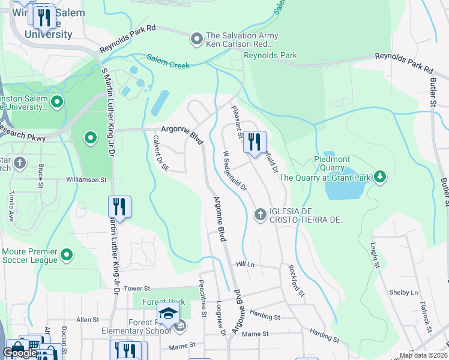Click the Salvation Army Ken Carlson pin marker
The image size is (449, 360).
tap(196, 40)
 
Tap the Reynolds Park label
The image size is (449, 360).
tap(270, 56)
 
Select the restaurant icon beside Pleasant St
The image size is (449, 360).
tap(255, 142)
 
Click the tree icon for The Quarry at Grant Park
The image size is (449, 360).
tap(379, 176)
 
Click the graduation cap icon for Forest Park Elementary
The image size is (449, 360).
tap(168, 314)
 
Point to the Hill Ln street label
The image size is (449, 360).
tap(246, 264)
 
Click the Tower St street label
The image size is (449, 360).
tap(137, 289)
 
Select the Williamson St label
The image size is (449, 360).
tap(86, 179)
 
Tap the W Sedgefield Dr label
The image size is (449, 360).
tap(235, 171)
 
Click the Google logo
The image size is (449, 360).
tap(20, 353)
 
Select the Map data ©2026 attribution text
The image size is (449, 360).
tap(423, 355)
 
